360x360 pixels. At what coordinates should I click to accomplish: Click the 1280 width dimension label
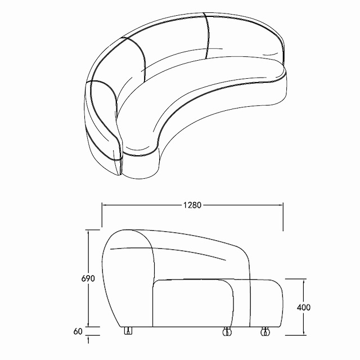(x=192, y=205)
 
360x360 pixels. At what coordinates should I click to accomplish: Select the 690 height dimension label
(x=88, y=278)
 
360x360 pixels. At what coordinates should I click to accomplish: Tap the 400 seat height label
(x=304, y=307)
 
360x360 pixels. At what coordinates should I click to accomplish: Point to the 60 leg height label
(x=78, y=331)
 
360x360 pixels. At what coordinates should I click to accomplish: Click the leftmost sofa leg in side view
(x=128, y=330)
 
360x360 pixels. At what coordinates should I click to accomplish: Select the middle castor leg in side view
(x=227, y=331)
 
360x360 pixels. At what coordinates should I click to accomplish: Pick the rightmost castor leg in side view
(x=265, y=331)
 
